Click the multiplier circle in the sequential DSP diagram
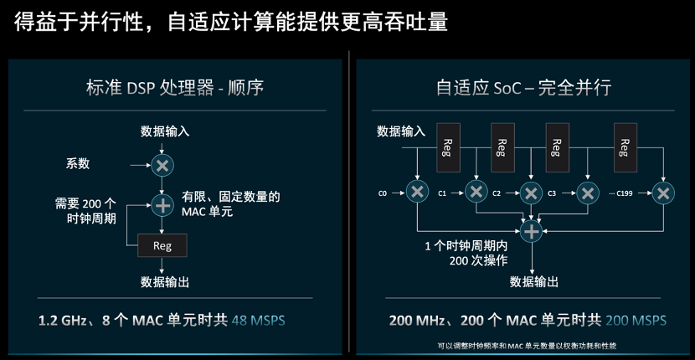pyautogui.click(x=162, y=166)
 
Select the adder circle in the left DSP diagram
pyautogui.click(x=162, y=206)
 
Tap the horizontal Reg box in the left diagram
pyautogui.click(x=162, y=245)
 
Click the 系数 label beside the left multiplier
pyautogui.click(x=78, y=163)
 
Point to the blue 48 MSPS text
pyautogui.click(x=259, y=320)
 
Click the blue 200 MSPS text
pyautogui.click(x=636, y=320)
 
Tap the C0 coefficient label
pyautogui.click(x=383, y=193)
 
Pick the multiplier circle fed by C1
pyautogui.click(x=476, y=192)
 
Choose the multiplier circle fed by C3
pyautogui.click(x=588, y=193)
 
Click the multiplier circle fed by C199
pyautogui.click(x=663, y=193)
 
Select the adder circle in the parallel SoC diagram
pyautogui.click(x=531, y=231)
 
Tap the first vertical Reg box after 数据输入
pyautogui.click(x=448, y=147)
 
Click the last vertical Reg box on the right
pyautogui.click(x=625, y=147)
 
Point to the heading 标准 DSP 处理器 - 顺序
pyautogui.click(x=175, y=87)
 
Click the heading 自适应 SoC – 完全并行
pyautogui.click(x=524, y=87)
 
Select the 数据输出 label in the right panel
pyautogui.click(x=534, y=281)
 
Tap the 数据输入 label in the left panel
pyautogui.click(x=165, y=131)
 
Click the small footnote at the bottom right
pyautogui.click(x=527, y=346)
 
